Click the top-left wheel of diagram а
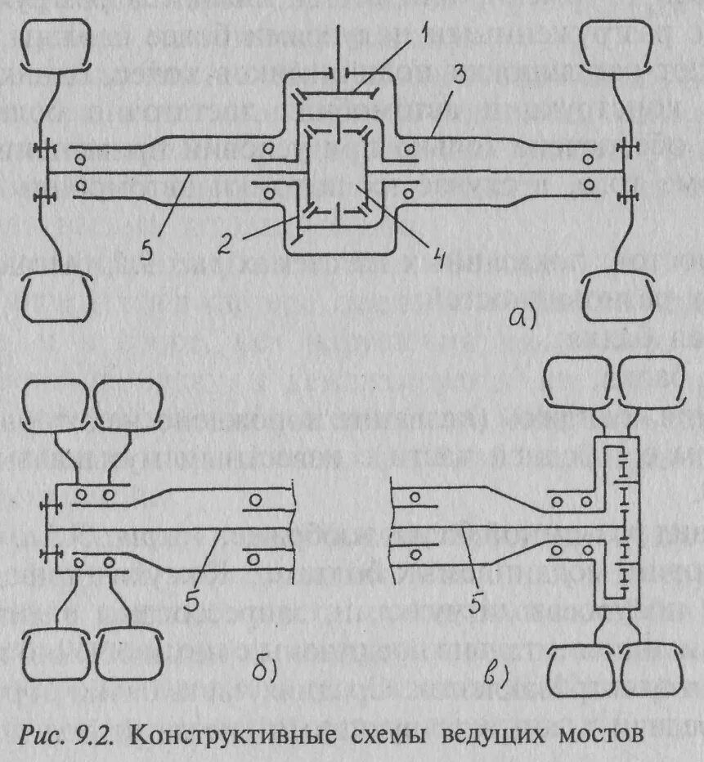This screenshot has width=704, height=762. pos(52,52)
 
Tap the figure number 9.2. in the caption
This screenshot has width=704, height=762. pos(99,733)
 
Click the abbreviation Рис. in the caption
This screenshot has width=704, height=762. pos(47,733)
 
